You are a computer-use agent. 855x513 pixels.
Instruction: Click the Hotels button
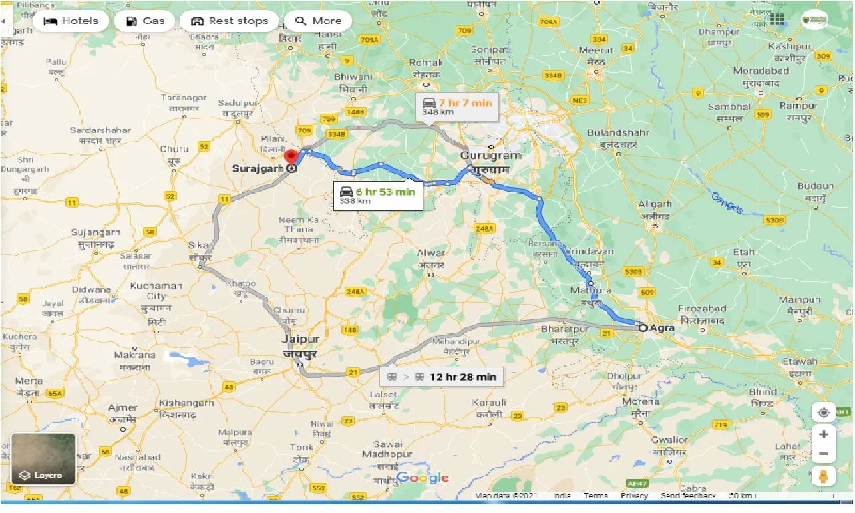click(70, 21)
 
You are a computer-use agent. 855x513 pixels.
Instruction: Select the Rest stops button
click(229, 21)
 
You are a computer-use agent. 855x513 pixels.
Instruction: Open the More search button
click(318, 21)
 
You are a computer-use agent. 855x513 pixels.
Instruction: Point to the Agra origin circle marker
click(643, 328)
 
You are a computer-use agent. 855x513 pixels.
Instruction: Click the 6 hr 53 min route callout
click(377, 195)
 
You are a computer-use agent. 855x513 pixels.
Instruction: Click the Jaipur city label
click(299, 339)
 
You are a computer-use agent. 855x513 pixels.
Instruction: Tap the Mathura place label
click(590, 291)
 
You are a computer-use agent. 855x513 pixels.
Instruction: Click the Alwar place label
click(431, 253)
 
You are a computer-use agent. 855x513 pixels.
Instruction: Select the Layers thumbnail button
click(43, 459)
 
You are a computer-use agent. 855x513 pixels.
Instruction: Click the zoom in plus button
click(824, 434)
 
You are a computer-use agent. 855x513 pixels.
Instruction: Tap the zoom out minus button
click(824, 454)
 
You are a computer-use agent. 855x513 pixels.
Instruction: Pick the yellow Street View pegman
click(824, 476)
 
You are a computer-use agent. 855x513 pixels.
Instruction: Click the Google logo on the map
click(422, 478)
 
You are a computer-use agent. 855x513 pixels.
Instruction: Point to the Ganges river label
click(727, 204)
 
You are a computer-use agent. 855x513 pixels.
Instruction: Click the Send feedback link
click(688, 496)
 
